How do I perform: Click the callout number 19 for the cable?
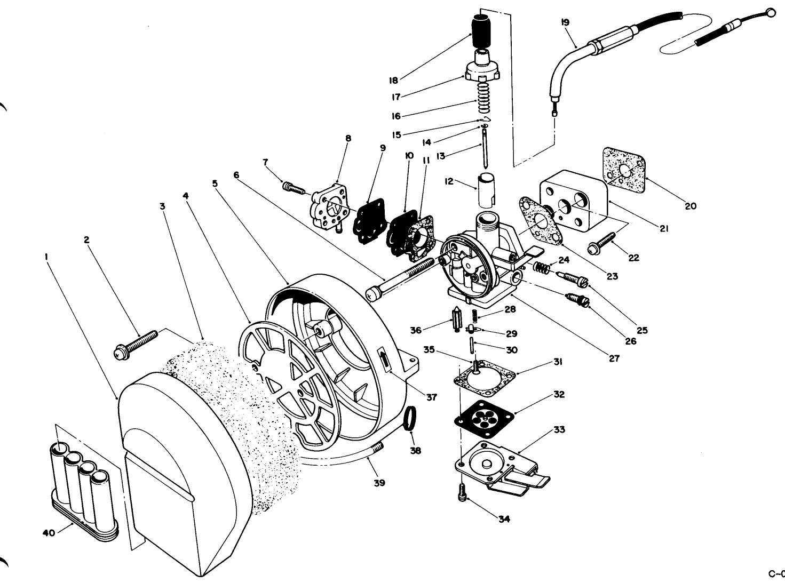coord(565,22)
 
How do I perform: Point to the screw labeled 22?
coord(600,244)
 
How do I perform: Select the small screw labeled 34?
coord(462,493)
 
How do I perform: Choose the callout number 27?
coord(614,358)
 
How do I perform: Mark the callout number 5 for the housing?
coord(215,183)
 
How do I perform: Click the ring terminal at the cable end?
coord(768,13)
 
